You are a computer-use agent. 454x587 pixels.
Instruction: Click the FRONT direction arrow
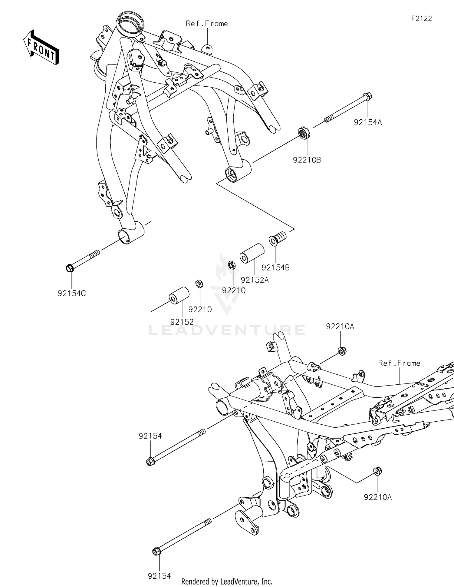click(41, 47)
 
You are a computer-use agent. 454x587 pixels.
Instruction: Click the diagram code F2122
click(421, 18)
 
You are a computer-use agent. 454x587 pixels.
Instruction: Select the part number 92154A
click(368, 122)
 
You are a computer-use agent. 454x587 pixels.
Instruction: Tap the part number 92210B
click(307, 160)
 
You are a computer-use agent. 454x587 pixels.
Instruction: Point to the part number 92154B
click(275, 268)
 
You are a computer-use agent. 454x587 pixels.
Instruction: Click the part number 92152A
click(255, 280)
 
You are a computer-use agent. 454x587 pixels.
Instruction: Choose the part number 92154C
click(72, 293)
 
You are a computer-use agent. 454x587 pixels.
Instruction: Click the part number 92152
click(182, 322)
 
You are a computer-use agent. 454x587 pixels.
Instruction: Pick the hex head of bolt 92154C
click(69, 268)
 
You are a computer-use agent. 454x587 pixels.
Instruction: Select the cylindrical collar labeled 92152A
click(252, 253)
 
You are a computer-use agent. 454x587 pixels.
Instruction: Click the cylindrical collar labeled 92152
click(179, 294)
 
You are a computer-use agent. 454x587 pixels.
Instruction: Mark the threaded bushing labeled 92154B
click(278, 238)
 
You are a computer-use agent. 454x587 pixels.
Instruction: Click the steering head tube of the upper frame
click(131, 24)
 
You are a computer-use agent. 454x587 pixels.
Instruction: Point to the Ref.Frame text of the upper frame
click(207, 24)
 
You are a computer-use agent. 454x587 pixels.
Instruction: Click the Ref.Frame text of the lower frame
click(399, 363)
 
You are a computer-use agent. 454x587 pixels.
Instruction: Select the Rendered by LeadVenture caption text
click(227, 582)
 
